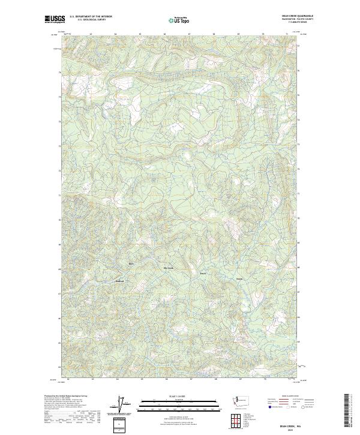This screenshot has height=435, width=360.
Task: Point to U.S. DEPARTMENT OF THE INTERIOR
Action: [x=91, y=17]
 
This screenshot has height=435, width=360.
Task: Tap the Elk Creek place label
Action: [x=168, y=268]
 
